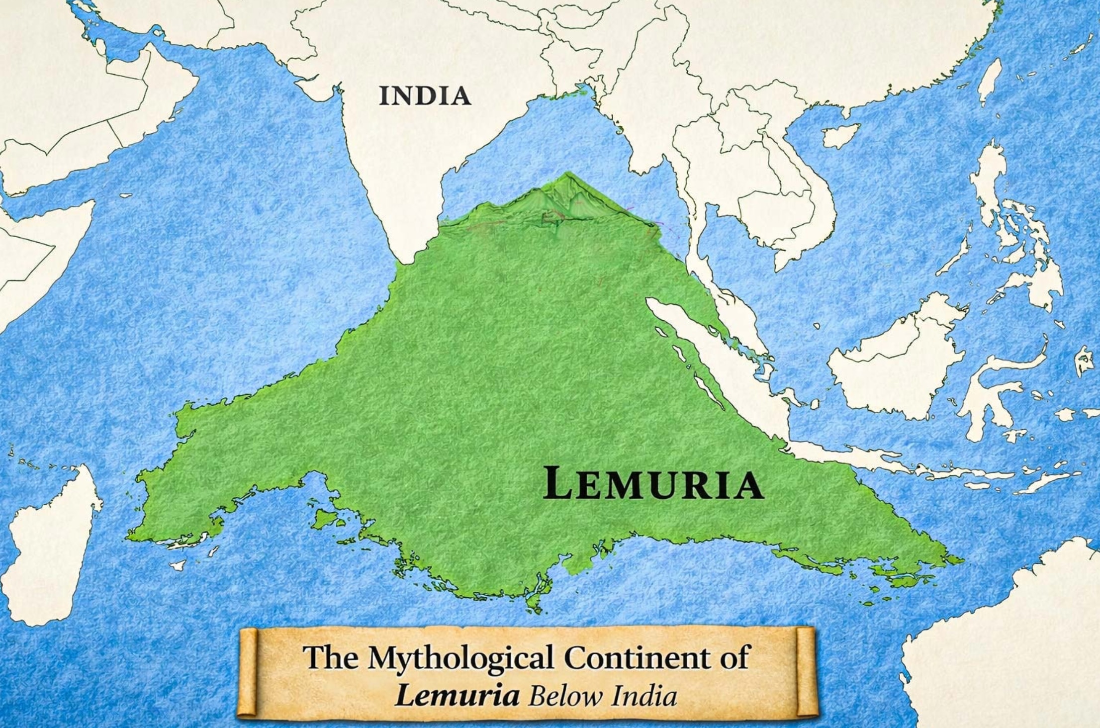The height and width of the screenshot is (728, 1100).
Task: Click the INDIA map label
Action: point(425,96)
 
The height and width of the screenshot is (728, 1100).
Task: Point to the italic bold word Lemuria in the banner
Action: point(458,695)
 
